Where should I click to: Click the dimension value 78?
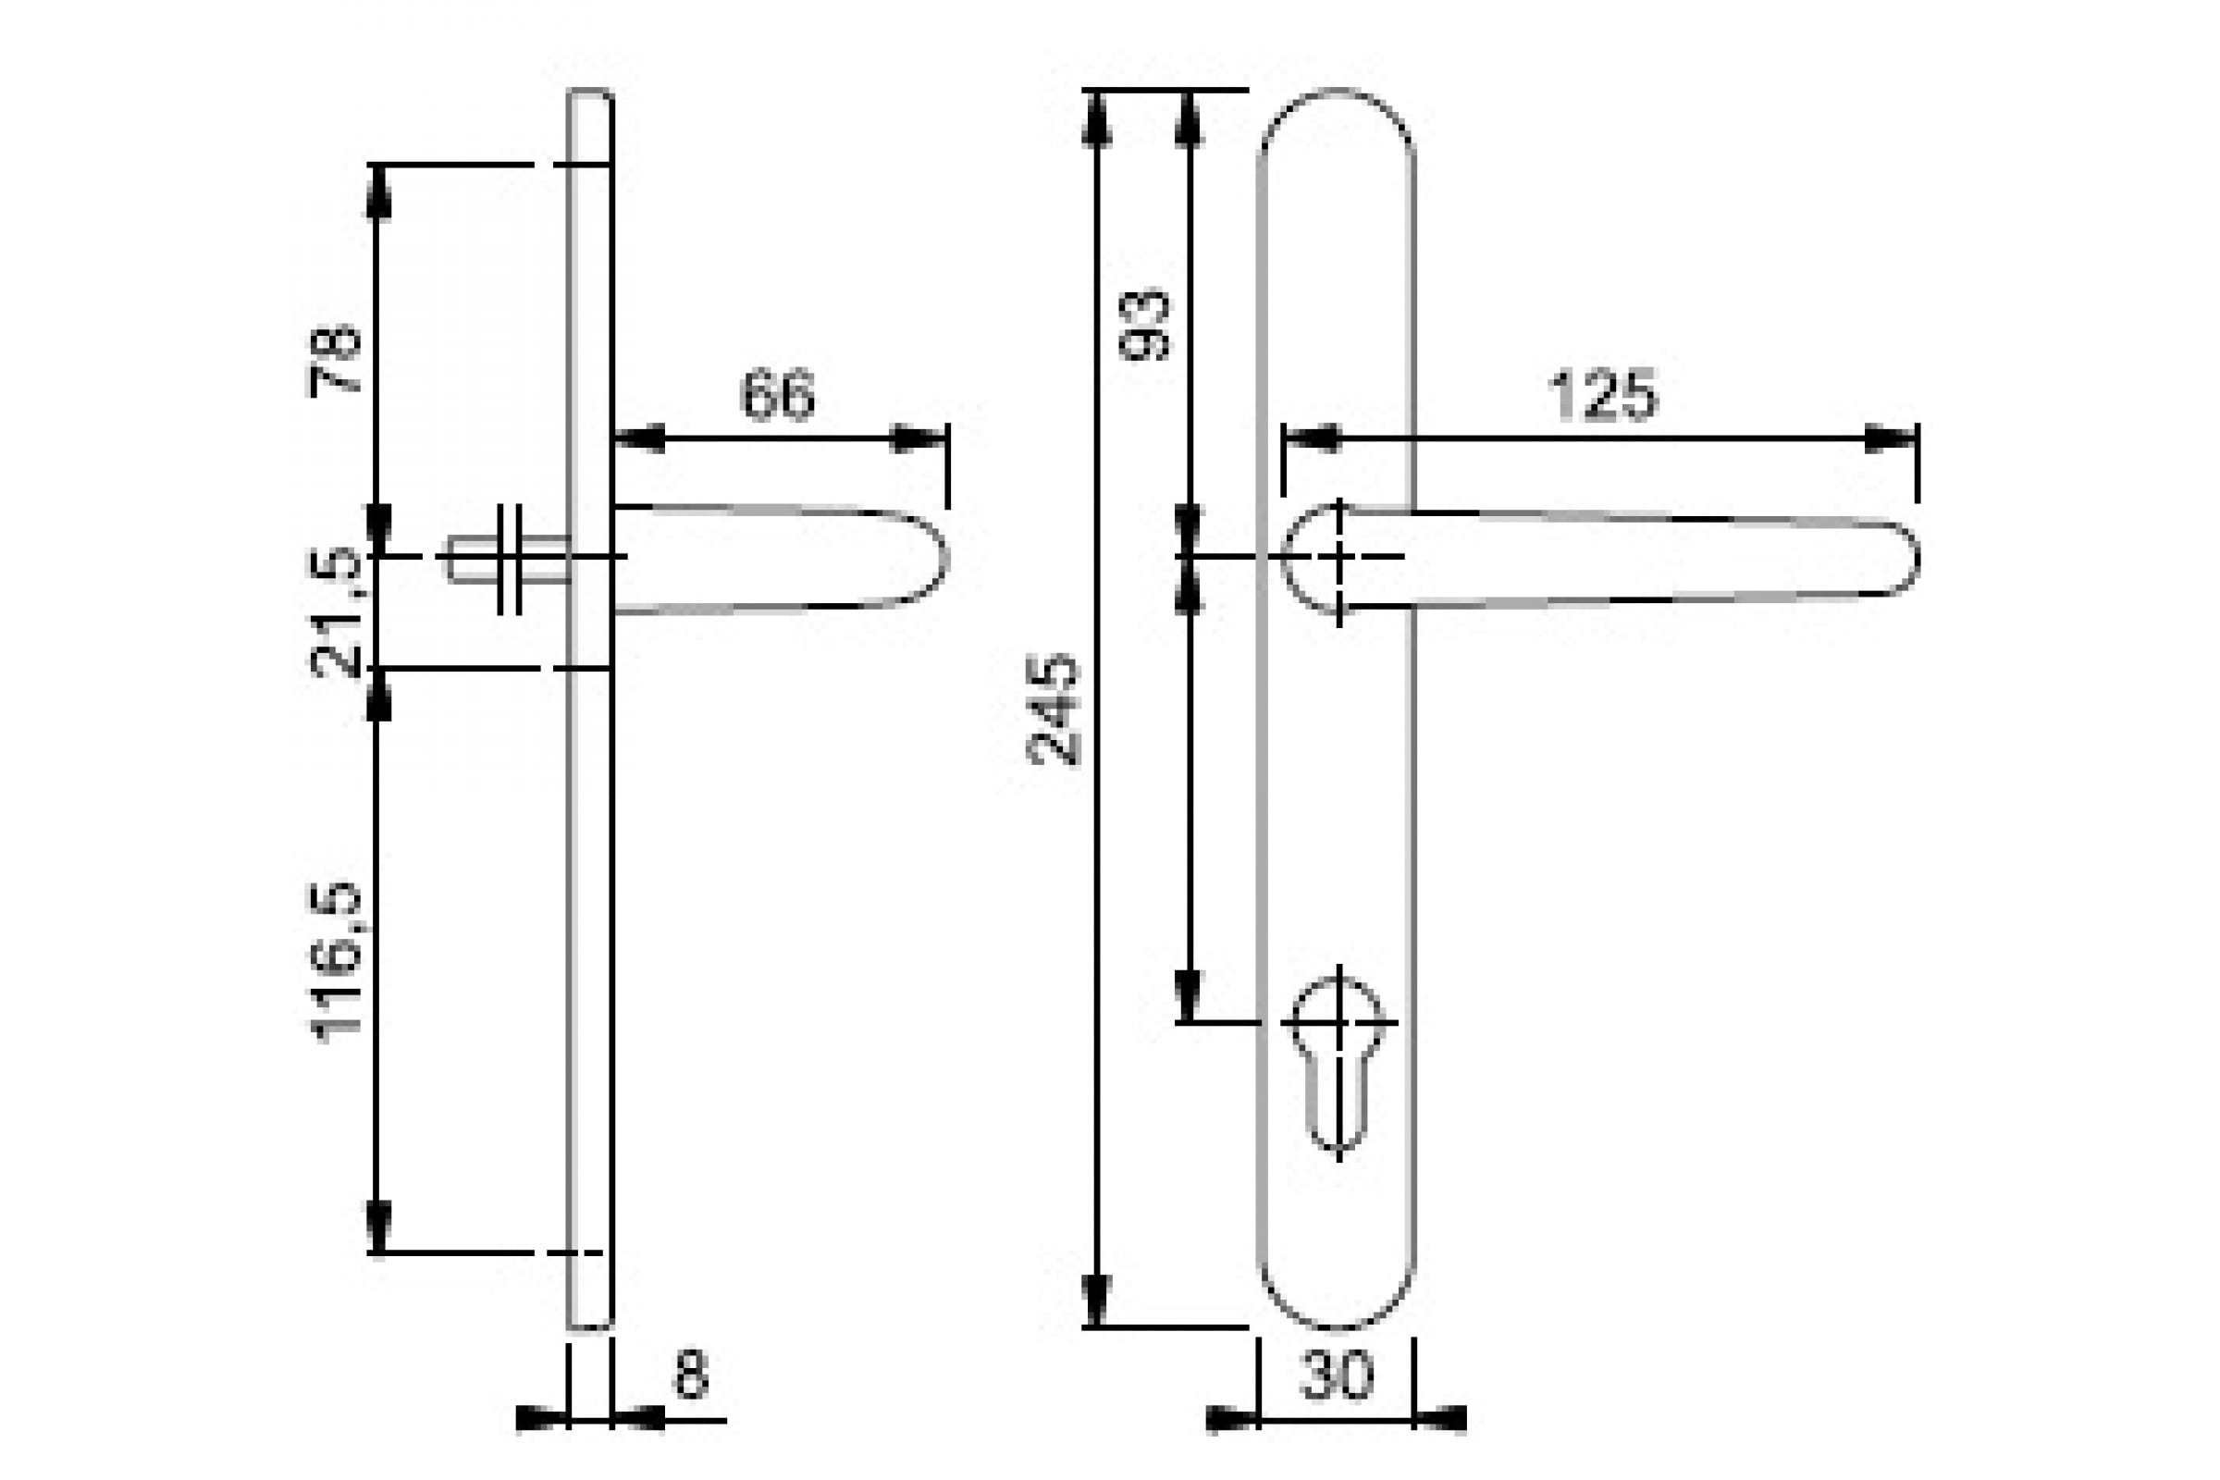tap(335, 360)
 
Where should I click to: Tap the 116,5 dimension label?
tap(335, 962)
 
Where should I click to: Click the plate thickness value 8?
tap(691, 1375)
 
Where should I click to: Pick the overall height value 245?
tap(1053, 709)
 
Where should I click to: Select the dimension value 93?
tap(1144, 325)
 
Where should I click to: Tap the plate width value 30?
tap(1337, 1375)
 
